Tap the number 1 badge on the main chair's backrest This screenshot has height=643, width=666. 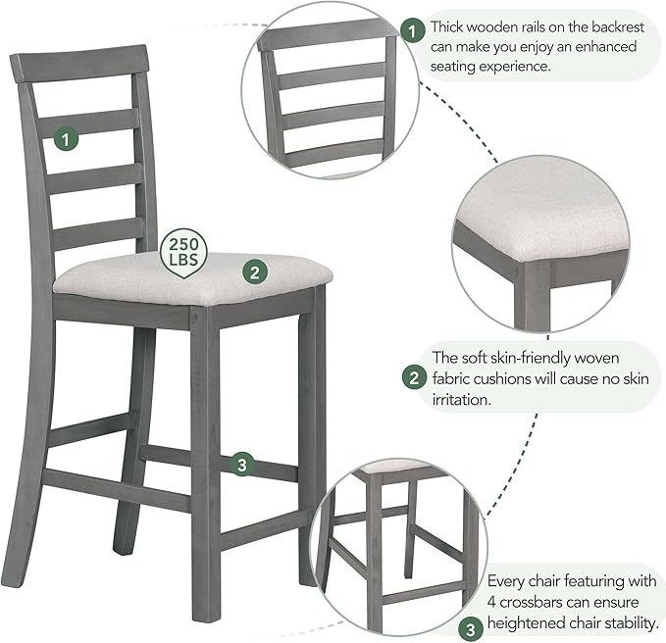[x=66, y=138]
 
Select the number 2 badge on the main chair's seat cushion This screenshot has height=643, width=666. [x=254, y=272]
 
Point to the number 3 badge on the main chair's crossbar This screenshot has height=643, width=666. [x=242, y=465]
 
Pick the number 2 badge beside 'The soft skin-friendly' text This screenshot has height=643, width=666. [x=415, y=374]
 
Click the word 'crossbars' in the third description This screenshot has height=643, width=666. [x=544, y=602]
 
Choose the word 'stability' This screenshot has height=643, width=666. [x=628, y=622]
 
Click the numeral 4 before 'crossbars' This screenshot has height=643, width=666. [x=493, y=602]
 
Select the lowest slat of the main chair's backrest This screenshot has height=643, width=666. [x=99, y=235]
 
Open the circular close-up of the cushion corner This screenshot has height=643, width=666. [x=538, y=242]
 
